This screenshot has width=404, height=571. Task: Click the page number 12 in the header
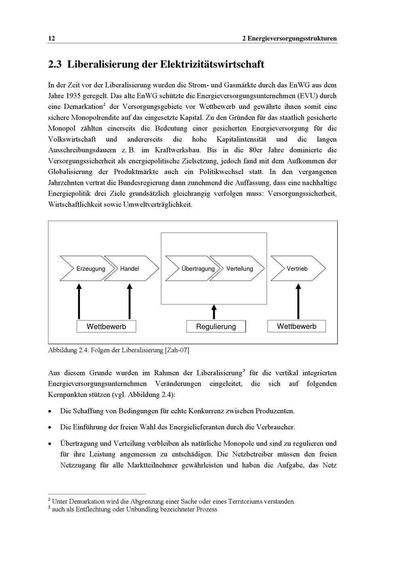click(x=51, y=39)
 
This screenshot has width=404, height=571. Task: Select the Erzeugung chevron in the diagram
click(x=87, y=269)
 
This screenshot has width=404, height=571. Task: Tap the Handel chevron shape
click(x=131, y=269)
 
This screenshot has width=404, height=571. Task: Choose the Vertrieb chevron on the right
click(x=298, y=269)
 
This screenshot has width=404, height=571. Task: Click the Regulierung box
click(x=216, y=326)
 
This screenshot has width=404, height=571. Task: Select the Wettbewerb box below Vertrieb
click(x=297, y=326)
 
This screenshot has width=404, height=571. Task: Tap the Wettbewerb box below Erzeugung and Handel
click(x=106, y=326)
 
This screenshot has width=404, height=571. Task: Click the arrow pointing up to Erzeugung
click(x=79, y=301)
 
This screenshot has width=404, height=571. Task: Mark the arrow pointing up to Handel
click(x=130, y=301)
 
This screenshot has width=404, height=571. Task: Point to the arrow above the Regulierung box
click(x=214, y=312)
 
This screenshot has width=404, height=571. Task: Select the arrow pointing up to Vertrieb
click(x=299, y=301)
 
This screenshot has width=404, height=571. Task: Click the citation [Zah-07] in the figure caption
click(x=177, y=350)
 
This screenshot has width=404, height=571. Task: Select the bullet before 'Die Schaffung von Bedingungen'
click(x=49, y=412)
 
